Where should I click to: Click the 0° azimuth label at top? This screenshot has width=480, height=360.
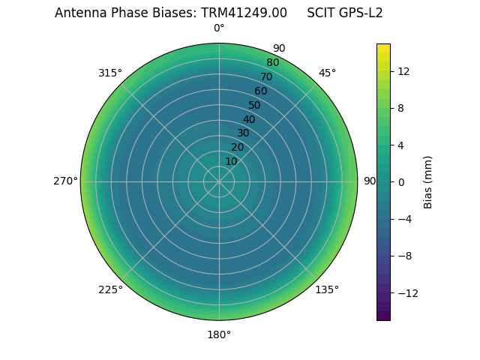tap(219, 28)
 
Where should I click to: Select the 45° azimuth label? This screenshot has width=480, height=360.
tap(327, 73)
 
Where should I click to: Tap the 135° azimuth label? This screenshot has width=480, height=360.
tap(327, 289)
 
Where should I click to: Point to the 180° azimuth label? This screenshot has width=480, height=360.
tap(219, 334)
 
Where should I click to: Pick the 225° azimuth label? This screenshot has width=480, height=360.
tap(110, 289)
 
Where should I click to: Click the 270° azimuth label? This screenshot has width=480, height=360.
tap(65, 181)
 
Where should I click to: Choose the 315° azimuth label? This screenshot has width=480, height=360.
tap(110, 73)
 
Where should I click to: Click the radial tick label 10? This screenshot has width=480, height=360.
tap(231, 161)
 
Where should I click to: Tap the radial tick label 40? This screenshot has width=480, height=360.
tap(249, 119)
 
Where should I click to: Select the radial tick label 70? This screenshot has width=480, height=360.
tap(267, 76)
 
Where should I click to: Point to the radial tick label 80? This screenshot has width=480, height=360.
tap(272, 63)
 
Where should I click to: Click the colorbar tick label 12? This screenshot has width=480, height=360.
tap(403, 71)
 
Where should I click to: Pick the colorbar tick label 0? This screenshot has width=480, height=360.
tap(400, 182)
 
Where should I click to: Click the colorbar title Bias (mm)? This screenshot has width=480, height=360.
tap(428, 181)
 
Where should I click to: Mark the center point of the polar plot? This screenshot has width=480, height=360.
tap(219, 181)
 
